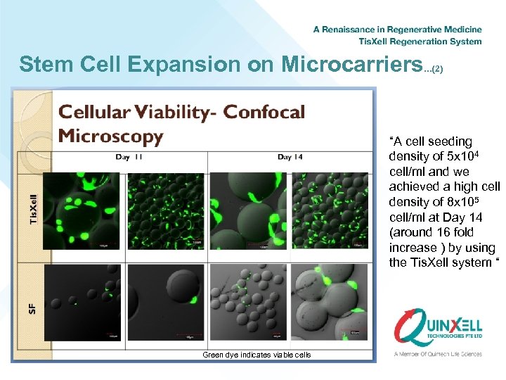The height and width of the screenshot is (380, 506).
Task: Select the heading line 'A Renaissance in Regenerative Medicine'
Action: pos(397,30)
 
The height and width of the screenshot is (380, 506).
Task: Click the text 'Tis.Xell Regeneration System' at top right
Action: pos(420,42)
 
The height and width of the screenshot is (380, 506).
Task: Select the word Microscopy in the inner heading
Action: pos(110,135)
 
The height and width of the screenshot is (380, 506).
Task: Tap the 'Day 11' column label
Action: pos(129,157)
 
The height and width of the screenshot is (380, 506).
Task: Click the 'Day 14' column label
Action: pos(290,157)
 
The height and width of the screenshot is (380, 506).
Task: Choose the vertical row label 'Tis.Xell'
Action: pos(34,210)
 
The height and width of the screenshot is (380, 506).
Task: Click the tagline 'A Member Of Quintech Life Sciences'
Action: pos(438,353)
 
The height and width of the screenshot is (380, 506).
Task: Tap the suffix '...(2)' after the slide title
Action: pos(434,69)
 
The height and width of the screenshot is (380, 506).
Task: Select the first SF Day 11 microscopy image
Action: pos(82,303)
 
